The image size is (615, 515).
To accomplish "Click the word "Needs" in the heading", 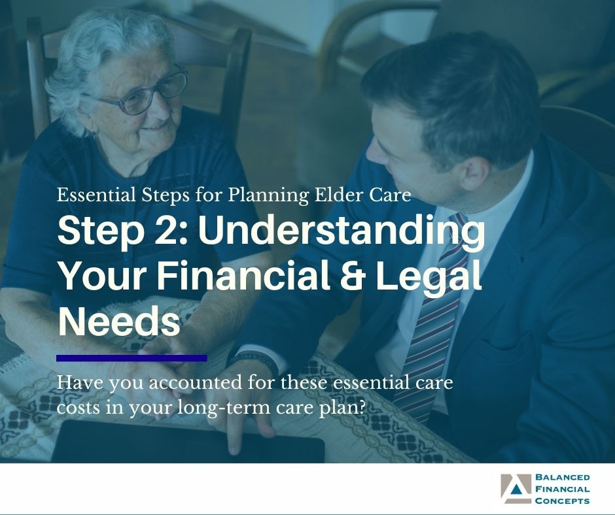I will point(118,322).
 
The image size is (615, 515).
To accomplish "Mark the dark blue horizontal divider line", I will point(132,357).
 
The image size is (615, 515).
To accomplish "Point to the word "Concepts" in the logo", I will point(562,501).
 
